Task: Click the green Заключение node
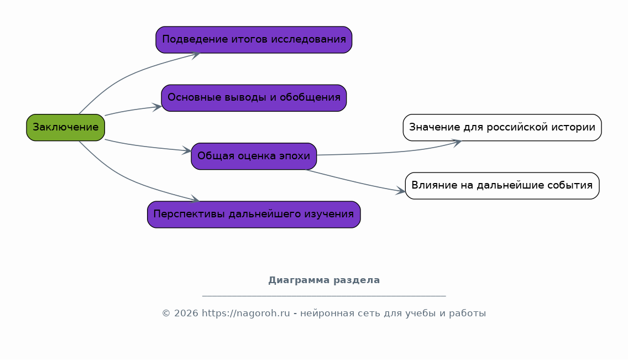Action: click(65, 127)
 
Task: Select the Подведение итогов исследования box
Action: click(254, 40)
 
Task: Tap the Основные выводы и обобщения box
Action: click(254, 98)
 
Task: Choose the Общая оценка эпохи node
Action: click(254, 156)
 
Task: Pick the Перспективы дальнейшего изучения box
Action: click(254, 215)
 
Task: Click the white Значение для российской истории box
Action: click(502, 127)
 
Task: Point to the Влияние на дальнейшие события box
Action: click(502, 185)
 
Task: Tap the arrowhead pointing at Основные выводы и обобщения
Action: click(158, 107)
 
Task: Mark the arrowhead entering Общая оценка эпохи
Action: click(187, 151)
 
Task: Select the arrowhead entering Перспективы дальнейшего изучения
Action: click(195, 200)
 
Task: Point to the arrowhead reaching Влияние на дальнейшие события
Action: click(401, 192)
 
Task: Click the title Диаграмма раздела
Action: click(324, 280)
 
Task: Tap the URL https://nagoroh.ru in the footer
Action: click(245, 314)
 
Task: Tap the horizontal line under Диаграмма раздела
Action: click(324, 296)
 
